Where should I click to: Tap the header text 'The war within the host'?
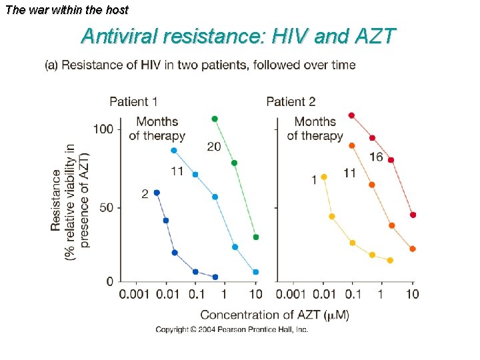pos(66,10)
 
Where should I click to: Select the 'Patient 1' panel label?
pos(133,102)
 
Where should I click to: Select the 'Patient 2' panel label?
pos(291,102)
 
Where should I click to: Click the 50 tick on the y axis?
pos(106,208)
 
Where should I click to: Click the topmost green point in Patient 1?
pos(215,119)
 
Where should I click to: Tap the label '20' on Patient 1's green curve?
pos(214,147)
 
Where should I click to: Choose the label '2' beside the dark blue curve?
pos(145,194)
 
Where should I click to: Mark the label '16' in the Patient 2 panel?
pos(376,157)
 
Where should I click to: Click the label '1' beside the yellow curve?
pos(313,180)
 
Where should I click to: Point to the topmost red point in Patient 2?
pos(351,115)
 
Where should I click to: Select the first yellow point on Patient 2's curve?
pos(324,177)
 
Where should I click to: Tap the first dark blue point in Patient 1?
pos(157,193)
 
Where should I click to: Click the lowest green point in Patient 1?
pos(256,237)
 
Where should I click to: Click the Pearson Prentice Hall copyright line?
pos(232,330)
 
